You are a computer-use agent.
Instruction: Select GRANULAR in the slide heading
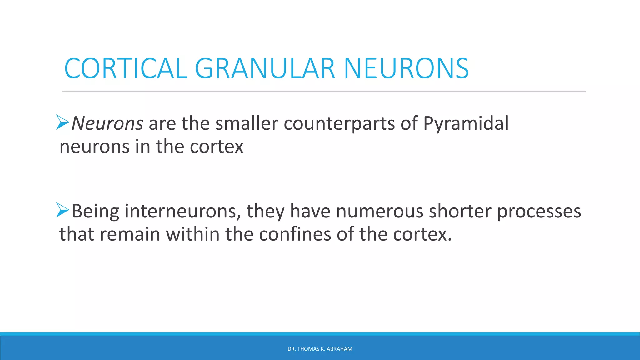tap(265, 68)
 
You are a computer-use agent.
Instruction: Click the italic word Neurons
tap(107, 123)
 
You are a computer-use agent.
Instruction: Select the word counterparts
tap(339, 123)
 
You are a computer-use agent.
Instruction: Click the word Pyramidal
tap(466, 123)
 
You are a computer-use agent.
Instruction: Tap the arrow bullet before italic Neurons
tap(62, 122)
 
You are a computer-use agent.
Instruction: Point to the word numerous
tap(379, 211)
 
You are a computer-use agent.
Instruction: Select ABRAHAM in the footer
tap(339, 349)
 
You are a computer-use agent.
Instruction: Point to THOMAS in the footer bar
tap(308, 349)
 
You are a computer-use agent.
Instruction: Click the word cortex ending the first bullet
tap(217, 147)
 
